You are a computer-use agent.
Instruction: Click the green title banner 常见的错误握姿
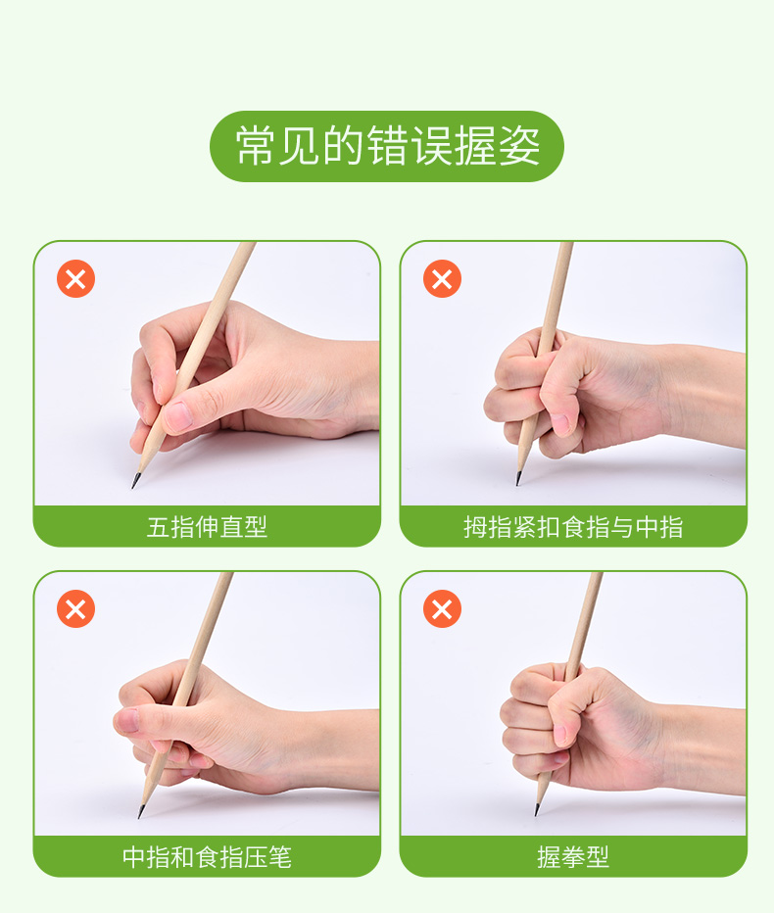pos(387,147)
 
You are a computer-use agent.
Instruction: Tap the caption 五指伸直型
pos(207,527)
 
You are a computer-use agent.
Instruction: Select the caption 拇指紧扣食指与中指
pos(573,527)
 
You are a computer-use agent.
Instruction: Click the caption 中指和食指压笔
pos(207,857)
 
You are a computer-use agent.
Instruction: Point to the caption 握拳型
pos(573,857)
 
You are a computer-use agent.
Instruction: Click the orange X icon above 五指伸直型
pos(75,279)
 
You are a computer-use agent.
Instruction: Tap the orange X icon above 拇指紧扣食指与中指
pos(442,279)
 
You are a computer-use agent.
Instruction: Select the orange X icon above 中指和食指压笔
pos(75,609)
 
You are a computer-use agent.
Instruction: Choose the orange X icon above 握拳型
pos(442,609)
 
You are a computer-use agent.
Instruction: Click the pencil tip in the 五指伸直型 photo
pos(134,483)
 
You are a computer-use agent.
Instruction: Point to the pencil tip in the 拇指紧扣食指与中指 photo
pos(517,481)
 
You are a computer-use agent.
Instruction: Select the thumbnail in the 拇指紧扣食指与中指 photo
pos(559,422)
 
